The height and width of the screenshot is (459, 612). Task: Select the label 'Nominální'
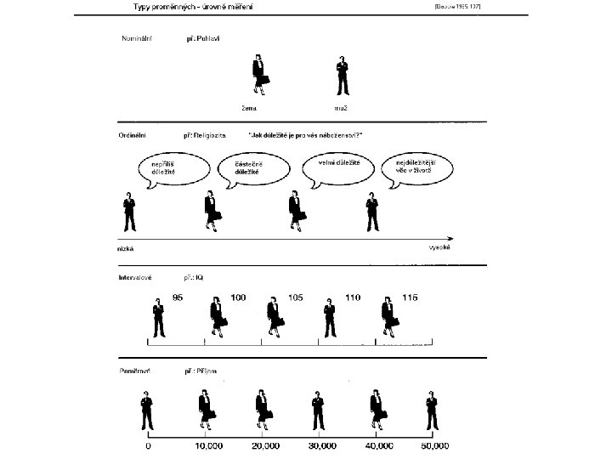pos(133,40)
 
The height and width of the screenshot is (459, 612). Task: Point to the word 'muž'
pos(342,108)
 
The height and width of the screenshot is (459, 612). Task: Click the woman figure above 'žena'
pos(260,76)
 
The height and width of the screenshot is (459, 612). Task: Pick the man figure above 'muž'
pos(343,76)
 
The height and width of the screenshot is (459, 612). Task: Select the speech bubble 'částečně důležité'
pos(252,167)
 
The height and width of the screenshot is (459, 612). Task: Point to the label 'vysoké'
pos(439,248)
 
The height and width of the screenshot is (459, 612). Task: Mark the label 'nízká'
pos(126,249)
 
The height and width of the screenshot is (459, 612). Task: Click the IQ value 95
pos(178,297)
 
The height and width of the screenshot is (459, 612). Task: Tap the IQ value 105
pos(295,297)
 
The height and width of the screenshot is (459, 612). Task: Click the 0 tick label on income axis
pos(148,445)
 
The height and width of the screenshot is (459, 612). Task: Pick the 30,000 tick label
pos(320,445)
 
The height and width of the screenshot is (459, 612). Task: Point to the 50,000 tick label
pos(434,445)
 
